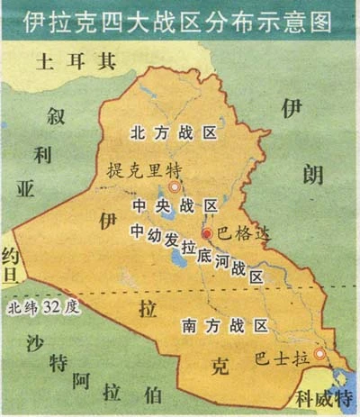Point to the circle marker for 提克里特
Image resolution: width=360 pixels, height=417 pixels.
click(175, 187)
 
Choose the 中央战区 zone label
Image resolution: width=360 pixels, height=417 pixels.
click(175, 206)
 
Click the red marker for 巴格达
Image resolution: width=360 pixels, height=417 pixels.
click(206, 233)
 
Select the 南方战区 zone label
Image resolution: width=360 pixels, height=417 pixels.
click(225, 324)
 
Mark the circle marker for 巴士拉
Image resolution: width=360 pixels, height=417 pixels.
click(316, 355)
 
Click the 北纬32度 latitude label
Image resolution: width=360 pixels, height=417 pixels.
click(43, 306)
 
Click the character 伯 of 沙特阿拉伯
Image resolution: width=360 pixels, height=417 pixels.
click(154, 394)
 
